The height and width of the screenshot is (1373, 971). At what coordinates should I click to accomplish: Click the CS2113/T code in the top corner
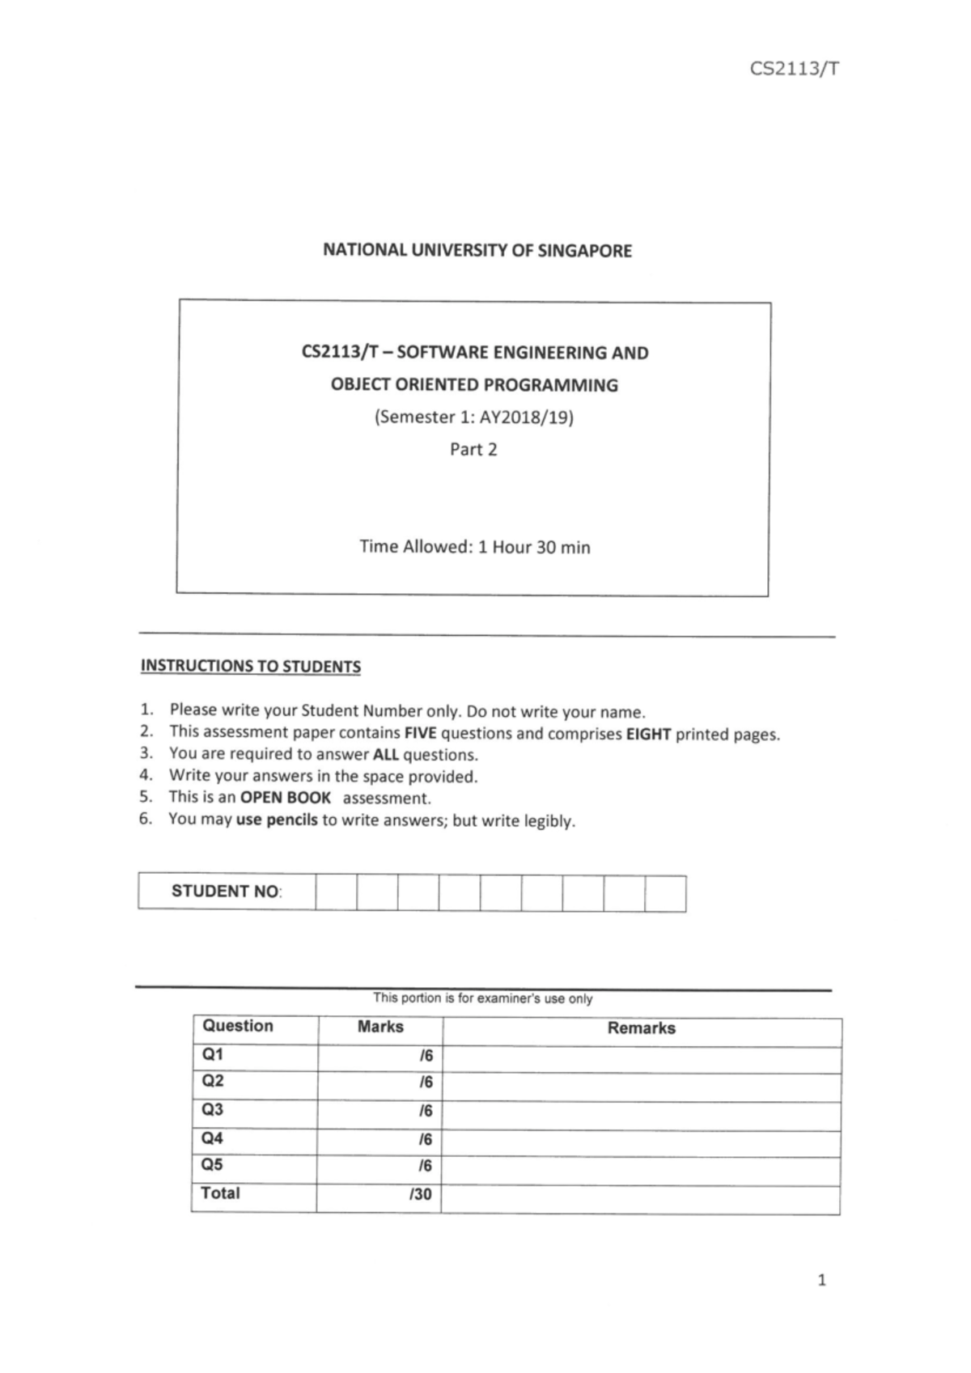794,69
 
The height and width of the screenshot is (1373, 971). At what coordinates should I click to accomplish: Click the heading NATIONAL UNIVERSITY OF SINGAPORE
477,251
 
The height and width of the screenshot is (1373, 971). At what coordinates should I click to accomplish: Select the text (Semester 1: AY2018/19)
473,417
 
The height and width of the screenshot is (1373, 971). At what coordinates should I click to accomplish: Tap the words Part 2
473,450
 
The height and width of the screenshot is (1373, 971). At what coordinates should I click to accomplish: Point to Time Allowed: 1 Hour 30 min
475,547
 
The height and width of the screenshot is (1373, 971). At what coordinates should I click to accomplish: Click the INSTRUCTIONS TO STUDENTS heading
251,667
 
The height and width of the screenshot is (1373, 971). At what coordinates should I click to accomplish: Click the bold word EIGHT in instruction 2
648,735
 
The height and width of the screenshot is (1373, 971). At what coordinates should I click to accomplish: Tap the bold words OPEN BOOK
286,798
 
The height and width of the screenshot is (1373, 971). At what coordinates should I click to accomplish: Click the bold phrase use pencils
277,820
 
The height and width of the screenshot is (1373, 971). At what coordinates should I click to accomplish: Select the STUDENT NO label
226,892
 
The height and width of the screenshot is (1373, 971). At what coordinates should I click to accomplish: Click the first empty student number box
336,892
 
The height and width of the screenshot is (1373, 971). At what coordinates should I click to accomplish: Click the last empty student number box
665,894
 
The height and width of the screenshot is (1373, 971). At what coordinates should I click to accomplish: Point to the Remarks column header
641,1028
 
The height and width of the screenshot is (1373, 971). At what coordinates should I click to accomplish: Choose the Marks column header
380,1027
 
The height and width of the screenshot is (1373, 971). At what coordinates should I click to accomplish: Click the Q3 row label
213,1109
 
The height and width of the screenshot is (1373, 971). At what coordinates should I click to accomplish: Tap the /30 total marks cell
421,1195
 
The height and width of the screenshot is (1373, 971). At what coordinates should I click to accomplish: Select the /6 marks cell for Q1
426,1056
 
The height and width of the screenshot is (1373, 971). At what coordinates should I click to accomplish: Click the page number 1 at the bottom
822,1280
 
